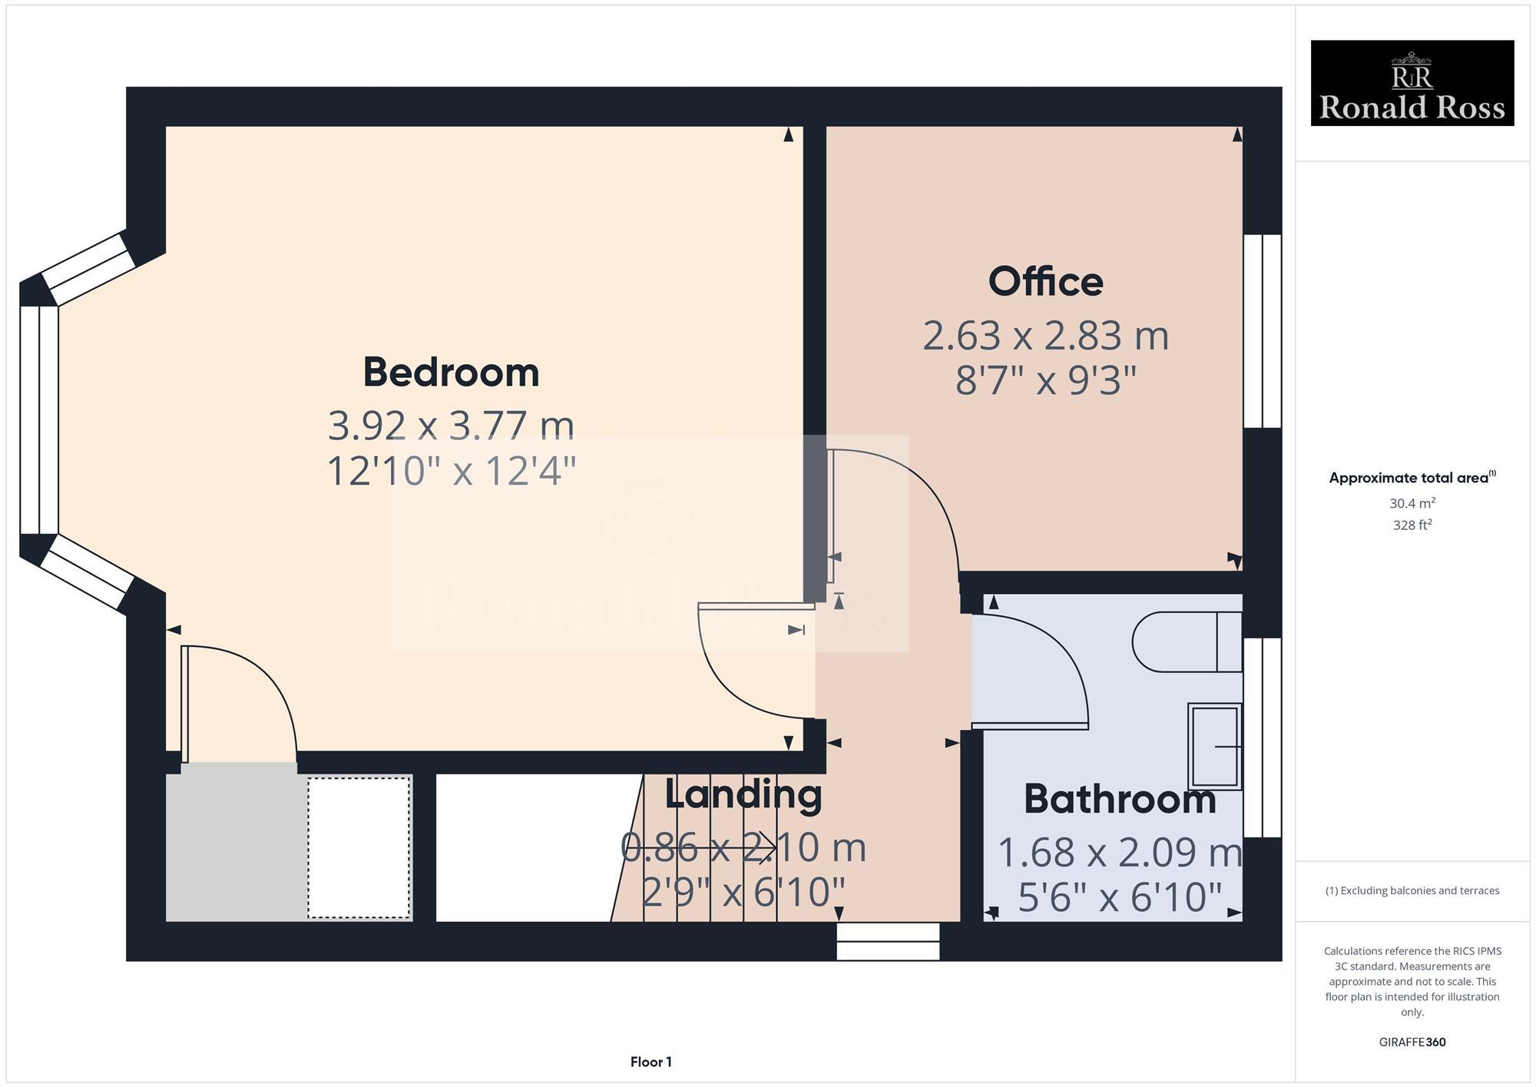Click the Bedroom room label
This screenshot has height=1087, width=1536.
coord(451,373)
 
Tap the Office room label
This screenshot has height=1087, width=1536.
coord(1045,282)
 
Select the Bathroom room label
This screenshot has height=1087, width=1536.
coord(1119,800)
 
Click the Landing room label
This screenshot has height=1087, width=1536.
coord(743,794)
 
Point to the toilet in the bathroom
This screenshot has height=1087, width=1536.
coord(1187,641)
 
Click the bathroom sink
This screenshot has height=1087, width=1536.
coord(1214,746)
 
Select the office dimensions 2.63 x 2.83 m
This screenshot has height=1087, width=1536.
coord(1045,336)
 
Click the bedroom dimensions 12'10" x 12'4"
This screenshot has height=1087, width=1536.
coord(451,471)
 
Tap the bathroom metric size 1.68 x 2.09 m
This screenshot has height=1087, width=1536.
coord(1119,852)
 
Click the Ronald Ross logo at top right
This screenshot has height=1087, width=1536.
coord(1412,83)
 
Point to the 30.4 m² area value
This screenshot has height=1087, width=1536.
coord(1412,503)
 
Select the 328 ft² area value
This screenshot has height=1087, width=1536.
coord(1412,525)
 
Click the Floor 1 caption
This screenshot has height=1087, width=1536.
coord(650,1062)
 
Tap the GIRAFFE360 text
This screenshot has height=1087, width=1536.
coord(1412,1042)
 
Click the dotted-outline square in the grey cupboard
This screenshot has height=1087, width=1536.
coord(359,847)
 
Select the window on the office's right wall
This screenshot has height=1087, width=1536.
coord(1262,330)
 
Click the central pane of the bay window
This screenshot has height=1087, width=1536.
coord(38,419)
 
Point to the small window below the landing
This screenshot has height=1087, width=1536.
coord(888,941)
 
